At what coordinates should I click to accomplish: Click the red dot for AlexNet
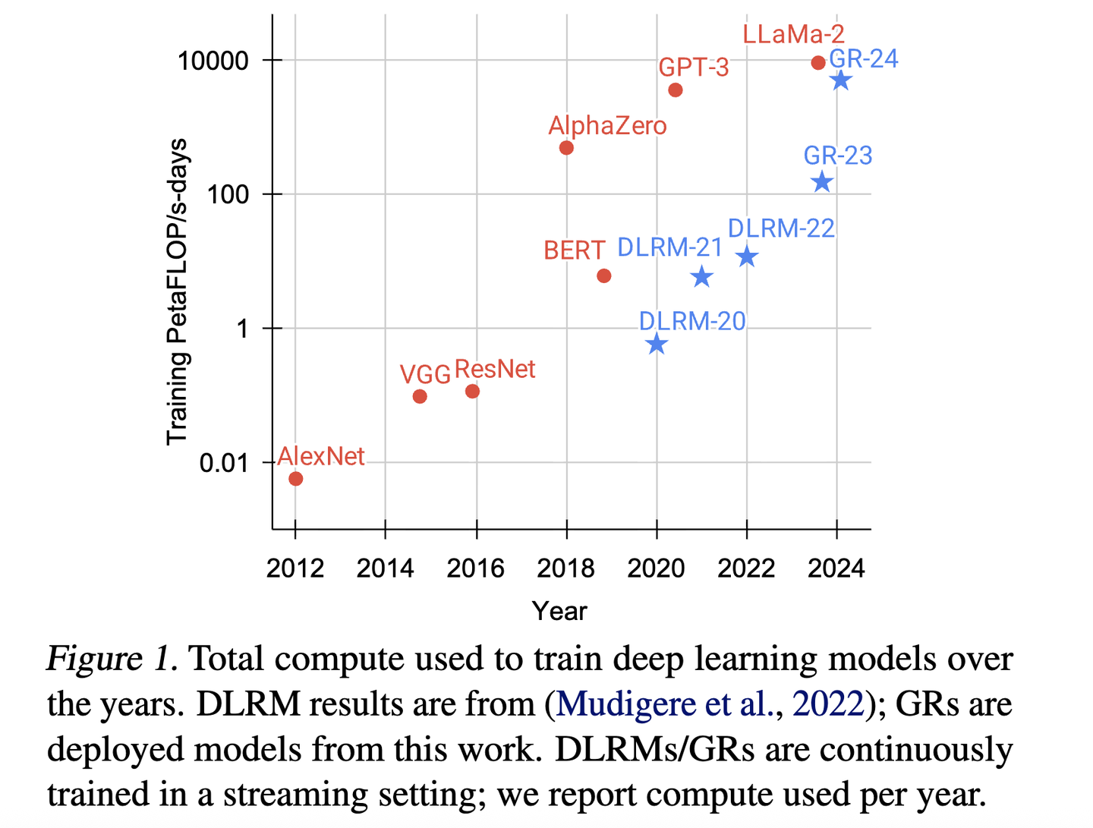[296, 479]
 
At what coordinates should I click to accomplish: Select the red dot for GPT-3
[676, 90]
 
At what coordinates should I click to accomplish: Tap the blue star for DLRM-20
[657, 345]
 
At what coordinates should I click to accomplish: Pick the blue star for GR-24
[840, 80]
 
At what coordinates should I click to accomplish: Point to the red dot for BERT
[604, 276]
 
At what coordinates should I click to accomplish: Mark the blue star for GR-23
[822, 182]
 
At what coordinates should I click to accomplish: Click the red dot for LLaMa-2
[818, 63]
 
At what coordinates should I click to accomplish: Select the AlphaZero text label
[607, 126]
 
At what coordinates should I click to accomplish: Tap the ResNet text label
[495, 370]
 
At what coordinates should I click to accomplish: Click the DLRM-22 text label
[781, 228]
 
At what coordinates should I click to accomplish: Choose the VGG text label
[425, 374]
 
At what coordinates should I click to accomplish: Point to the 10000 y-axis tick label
[213, 61]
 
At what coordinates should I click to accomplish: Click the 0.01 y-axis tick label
[224, 463]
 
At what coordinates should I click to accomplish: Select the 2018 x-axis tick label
[565, 568]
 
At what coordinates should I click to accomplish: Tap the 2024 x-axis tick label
[836, 568]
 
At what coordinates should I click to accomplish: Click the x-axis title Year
[559, 611]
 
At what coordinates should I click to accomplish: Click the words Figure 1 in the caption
[112, 659]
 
